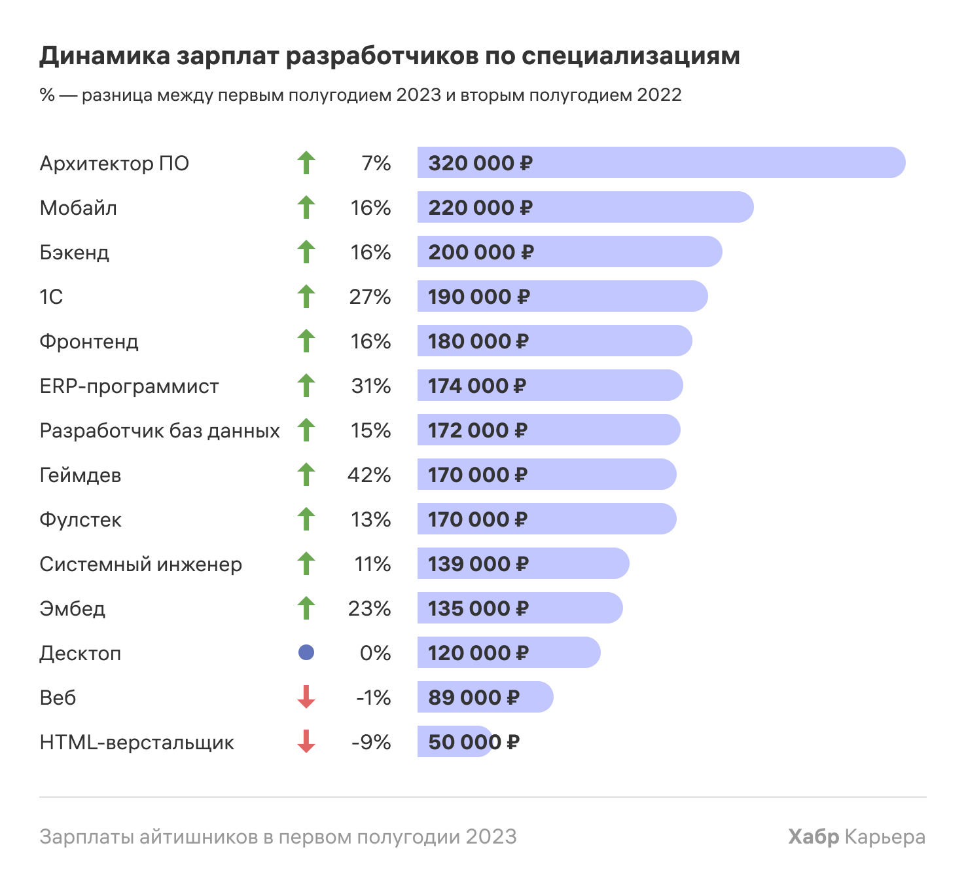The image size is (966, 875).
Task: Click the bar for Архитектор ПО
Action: [x=661, y=162]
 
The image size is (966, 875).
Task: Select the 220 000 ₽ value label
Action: [x=480, y=208]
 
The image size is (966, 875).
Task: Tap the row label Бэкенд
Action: [x=75, y=253]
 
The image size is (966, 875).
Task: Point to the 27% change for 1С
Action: [x=370, y=297]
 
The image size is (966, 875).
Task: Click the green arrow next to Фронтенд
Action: [x=306, y=341]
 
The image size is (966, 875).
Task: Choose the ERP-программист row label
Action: [x=130, y=386]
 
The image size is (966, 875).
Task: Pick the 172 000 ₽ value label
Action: [x=478, y=430]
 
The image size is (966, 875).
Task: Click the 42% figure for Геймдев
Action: [x=369, y=475]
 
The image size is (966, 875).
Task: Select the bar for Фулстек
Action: [x=546, y=519]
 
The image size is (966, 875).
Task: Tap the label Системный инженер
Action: [x=141, y=565]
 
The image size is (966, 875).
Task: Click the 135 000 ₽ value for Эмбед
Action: [x=478, y=608]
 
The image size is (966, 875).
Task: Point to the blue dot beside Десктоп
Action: [x=306, y=652]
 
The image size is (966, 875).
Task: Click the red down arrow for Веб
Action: [x=306, y=697]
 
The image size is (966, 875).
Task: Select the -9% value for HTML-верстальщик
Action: [x=371, y=742]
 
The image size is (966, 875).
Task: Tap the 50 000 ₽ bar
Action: [x=455, y=741]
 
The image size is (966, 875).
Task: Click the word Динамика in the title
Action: [x=105, y=56]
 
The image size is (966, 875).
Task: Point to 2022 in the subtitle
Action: [x=659, y=95]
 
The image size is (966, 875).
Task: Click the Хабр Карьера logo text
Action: [x=856, y=836]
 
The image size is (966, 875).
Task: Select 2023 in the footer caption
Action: [x=491, y=836]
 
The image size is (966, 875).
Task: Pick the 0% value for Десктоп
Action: [x=375, y=653]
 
